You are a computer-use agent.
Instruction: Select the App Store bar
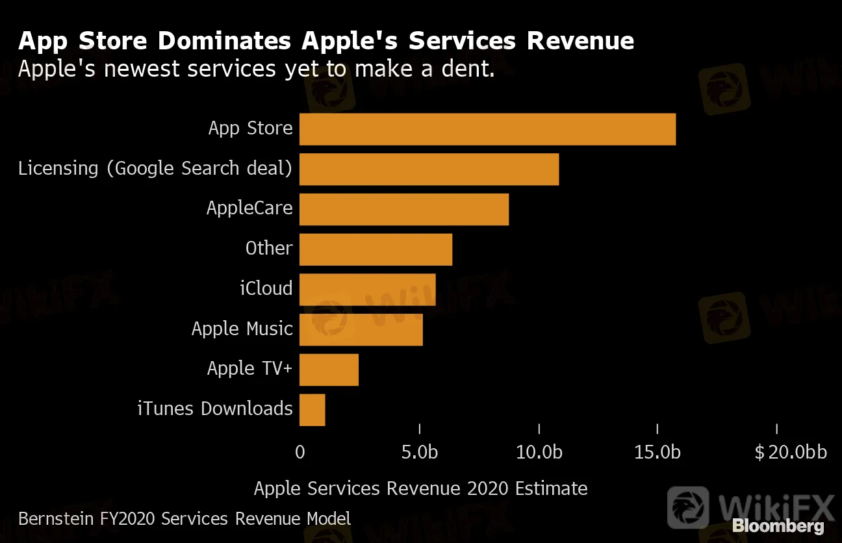pos(487,129)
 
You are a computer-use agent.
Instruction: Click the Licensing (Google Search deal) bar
pos(429,170)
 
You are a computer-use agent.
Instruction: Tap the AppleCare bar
pos(403,209)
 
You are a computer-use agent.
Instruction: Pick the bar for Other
pos(376,249)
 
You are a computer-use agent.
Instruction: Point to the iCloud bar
pos(367,290)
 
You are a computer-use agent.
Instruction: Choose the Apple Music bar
pos(361,329)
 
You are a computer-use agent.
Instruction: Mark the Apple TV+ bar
pos(329,370)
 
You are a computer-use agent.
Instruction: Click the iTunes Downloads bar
pos(312,410)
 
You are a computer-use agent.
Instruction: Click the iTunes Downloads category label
pos(215,409)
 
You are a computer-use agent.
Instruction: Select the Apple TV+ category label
pos(250,368)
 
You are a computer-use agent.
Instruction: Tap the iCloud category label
pos(266,288)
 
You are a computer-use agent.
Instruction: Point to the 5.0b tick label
pos(420,452)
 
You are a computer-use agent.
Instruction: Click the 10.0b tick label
pos(539,452)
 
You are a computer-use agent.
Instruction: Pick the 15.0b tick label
pos(657,452)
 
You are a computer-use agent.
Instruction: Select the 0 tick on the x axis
pos(300,452)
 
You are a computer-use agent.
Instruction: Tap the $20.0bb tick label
pos(791,452)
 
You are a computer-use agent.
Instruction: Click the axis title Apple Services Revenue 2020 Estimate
pos(420,488)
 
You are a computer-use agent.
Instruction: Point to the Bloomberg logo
pos(778,526)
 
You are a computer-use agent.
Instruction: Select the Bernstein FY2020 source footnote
pos(185,519)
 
